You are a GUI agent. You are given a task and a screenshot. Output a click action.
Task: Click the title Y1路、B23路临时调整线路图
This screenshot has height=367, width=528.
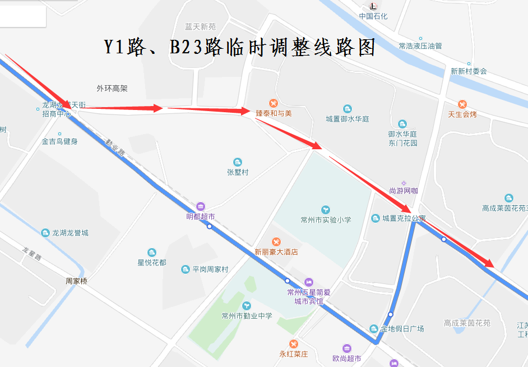click(239, 47)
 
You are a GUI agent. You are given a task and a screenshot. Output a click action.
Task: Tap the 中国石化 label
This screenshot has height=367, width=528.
click(373, 16)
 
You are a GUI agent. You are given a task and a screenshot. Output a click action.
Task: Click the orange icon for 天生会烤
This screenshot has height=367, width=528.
click(462, 104)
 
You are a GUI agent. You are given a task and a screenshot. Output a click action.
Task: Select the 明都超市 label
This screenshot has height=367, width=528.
click(201, 216)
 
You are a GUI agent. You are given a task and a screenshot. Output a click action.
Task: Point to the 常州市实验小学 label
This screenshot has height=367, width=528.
click(326, 219)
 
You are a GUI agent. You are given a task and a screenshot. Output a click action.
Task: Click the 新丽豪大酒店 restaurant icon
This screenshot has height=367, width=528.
click(276, 241)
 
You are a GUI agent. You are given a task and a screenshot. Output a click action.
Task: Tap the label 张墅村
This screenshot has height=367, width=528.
click(238, 172)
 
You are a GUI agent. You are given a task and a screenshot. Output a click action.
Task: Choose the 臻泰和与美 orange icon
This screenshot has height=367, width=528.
click(273, 103)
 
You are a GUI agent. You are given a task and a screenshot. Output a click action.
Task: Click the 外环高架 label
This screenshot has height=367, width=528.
click(112, 88)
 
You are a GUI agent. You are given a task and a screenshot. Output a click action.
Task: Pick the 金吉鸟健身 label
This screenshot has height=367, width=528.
click(59, 141)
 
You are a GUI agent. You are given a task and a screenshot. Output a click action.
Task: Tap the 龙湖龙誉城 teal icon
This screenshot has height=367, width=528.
click(45, 232)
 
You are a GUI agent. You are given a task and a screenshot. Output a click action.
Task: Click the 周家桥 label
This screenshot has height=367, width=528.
click(76, 281)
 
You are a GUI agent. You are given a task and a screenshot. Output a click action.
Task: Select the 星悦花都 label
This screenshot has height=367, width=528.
click(152, 263)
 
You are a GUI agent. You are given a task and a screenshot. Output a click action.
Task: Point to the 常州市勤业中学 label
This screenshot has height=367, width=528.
click(247, 316)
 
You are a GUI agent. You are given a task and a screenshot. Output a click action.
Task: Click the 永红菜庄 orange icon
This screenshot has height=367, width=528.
click(294, 343)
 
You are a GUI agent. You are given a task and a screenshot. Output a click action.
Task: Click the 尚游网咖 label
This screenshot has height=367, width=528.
click(404, 191)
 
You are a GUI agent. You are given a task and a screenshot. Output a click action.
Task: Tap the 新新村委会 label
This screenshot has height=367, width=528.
click(469, 71)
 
